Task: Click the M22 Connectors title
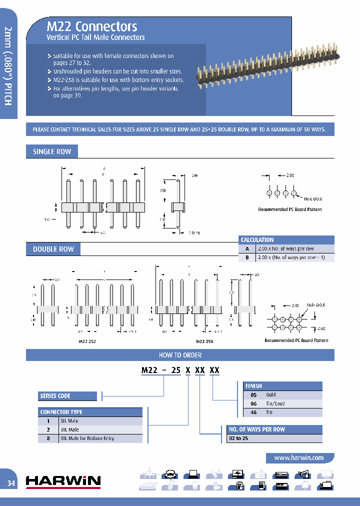coord(91,26)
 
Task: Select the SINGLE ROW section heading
coord(52,151)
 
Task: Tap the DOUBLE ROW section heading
coord(53,249)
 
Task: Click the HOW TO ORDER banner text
coord(180,355)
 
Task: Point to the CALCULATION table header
coord(257,239)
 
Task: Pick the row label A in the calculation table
coord(246,248)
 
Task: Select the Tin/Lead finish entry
coord(275,403)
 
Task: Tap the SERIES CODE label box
coord(67,396)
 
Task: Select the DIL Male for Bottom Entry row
coord(87,438)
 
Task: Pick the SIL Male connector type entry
coord(69,421)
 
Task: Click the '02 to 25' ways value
coord(238,438)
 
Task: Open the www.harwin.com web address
coord(298,457)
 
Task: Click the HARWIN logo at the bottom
coord(63,481)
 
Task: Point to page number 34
coord(11,483)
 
